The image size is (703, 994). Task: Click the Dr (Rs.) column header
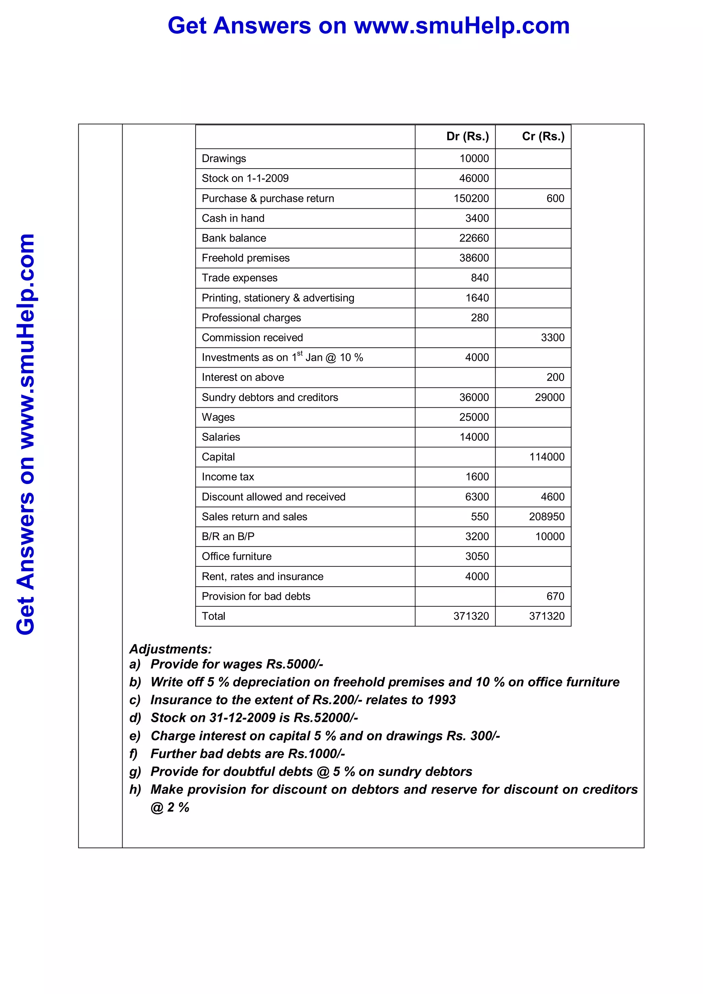pos(467,136)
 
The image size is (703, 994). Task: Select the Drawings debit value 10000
pos(474,159)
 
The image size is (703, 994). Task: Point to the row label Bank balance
pos(234,238)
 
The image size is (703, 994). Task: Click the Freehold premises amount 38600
pos(474,258)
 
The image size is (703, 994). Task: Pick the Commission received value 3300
pos(552,338)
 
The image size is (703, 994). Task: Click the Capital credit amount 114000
pos(547,457)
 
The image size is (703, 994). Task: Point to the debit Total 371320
pos(471,616)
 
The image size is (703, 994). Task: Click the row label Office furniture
pos(237,556)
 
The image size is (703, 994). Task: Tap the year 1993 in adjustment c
pos(441,700)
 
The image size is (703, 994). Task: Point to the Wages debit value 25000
pos(474,417)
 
